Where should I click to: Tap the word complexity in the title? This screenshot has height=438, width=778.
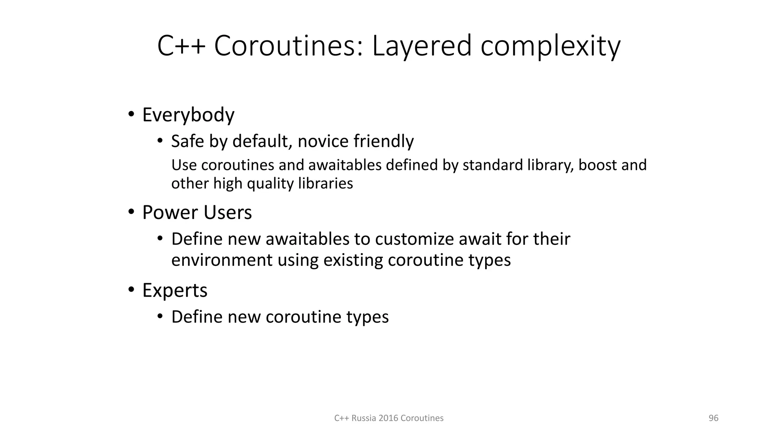coord(550,46)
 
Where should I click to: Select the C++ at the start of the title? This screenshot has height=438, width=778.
coord(181,46)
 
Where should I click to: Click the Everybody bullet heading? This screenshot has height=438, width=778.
coord(188,115)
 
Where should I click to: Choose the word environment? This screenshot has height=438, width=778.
coord(222,260)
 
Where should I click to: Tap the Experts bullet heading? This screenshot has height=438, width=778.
coord(175,290)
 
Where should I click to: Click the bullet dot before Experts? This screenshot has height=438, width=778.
coord(131,290)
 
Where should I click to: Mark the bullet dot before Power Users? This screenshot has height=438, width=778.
coord(131,212)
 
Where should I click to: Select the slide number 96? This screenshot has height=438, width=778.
coord(713,418)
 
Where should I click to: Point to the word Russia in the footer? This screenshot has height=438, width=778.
coord(364,418)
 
